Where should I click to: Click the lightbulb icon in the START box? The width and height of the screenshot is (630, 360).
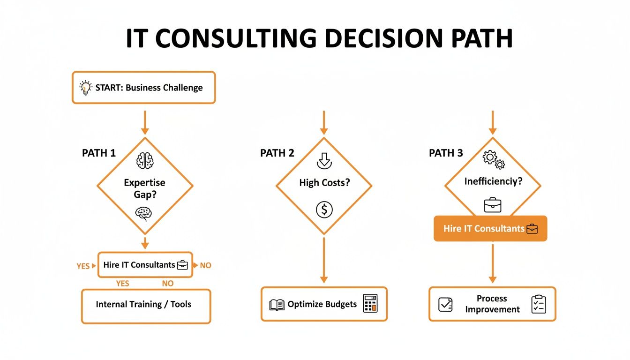[x=85, y=88]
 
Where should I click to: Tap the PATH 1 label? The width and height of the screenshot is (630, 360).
[x=99, y=153]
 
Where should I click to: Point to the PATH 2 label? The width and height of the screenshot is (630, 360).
[x=277, y=153]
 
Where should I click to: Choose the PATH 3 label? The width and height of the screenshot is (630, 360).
[x=446, y=153]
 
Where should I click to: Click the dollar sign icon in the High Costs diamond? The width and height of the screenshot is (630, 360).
[x=324, y=210]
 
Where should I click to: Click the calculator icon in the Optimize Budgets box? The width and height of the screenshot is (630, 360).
[x=370, y=303]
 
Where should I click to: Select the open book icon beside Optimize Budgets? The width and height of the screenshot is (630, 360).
[x=277, y=305]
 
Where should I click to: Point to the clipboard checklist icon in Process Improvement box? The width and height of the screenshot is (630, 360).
[x=539, y=304]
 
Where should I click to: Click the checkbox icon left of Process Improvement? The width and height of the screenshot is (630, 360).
[x=445, y=304]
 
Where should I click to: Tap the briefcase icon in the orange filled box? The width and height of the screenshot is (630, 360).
[x=532, y=229]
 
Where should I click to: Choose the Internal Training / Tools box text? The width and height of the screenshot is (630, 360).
[x=143, y=305]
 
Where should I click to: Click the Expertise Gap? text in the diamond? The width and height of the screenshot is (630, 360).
[x=144, y=188]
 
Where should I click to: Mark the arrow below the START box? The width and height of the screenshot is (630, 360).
[x=145, y=123]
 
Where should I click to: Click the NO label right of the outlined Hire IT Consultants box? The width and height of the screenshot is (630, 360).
[x=205, y=265]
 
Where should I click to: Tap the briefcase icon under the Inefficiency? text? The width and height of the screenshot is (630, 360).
[x=493, y=205]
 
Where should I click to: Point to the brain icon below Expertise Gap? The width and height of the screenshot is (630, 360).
[x=144, y=214]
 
